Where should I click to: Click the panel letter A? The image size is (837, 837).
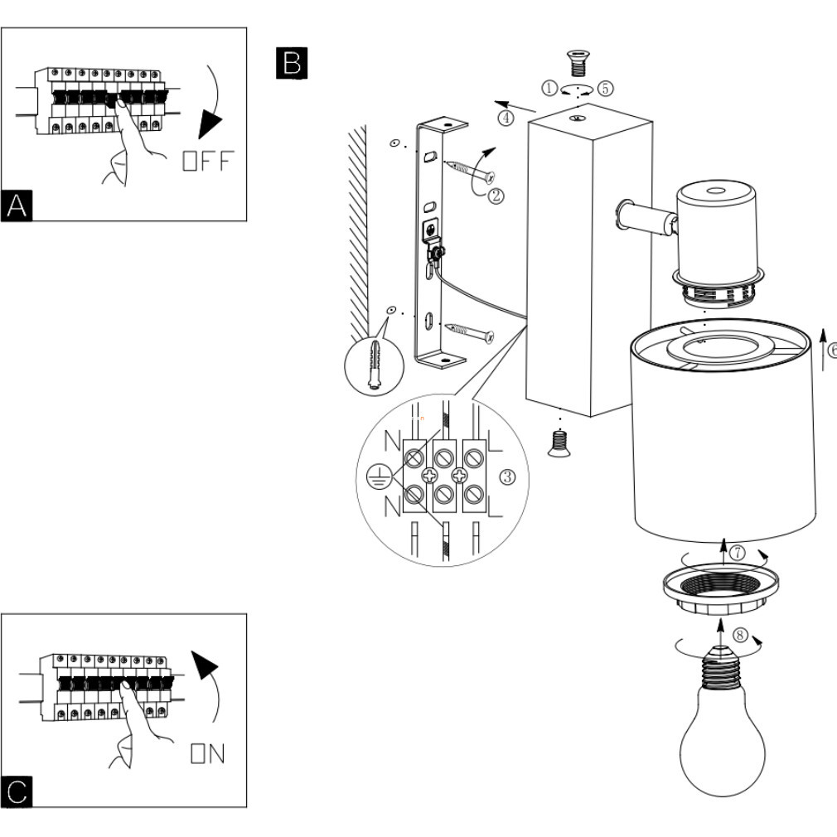(17, 206)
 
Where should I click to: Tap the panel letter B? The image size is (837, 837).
(292, 63)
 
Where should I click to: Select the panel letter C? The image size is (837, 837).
(17, 791)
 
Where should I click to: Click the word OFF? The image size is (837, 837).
(208, 161)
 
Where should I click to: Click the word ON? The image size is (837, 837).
(208, 753)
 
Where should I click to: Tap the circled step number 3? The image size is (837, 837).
(507, 477)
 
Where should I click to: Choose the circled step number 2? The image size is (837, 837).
(496, 196)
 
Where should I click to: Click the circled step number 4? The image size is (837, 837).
(506, 118)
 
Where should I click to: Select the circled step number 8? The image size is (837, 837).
(740, 635)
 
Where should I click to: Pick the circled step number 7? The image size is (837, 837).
(738, 553)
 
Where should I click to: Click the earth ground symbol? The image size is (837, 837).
(378, 477)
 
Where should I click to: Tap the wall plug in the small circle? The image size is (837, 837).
(375, 364)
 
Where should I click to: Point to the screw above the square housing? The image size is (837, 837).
(578, 63)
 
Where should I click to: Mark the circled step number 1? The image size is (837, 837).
(549, 88)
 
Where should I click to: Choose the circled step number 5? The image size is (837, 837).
(605, 88)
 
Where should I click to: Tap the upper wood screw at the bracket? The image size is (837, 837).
(470, 171)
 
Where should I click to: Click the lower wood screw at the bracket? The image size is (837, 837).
(470, 332)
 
